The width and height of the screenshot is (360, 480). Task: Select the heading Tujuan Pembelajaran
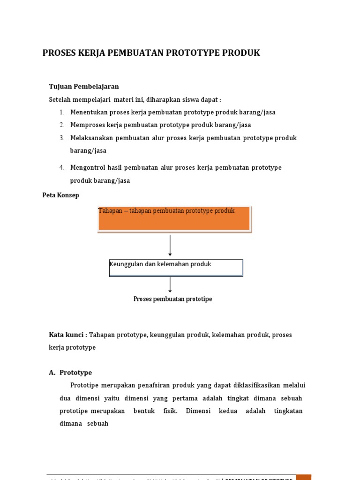point(84,86)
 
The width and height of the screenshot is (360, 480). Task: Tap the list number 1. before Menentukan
point(62,112)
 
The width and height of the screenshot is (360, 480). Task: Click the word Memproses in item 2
point(87,125)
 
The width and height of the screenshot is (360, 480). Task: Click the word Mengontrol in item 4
point(88,167)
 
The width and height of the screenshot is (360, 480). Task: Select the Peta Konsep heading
point(61,195)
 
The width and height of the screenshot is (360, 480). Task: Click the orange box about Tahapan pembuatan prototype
point(174,219)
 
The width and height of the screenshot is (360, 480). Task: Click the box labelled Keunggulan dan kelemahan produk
point(176,268)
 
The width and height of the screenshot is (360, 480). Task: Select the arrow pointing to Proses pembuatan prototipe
point(170,285)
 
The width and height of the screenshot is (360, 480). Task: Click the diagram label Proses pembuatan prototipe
point(172,299)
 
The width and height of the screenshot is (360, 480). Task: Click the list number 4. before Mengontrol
point(62,167)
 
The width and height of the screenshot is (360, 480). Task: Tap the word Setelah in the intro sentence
point(60,99)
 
